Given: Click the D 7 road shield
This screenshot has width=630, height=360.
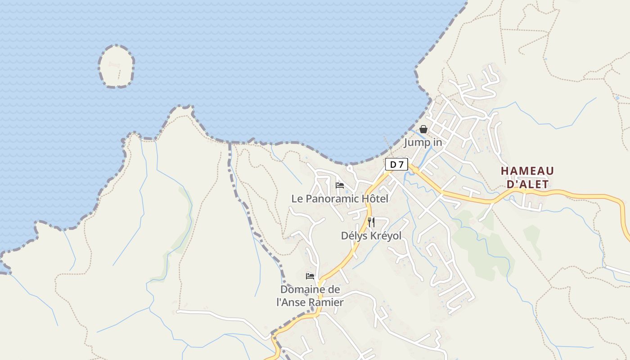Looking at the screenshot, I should tap(396, 165).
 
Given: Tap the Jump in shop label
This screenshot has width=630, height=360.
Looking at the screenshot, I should tap(423, 143).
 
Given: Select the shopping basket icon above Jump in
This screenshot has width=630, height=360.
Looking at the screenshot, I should tap(423, 130).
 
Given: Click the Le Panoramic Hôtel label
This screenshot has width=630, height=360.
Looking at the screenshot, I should tap(339, 198).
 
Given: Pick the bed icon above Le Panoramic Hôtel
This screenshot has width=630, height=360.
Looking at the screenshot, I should tap(340, 185).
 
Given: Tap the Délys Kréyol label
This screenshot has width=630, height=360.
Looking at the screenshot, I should tap(371, 236).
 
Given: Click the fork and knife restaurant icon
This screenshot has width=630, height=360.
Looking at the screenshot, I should tap(371, 222).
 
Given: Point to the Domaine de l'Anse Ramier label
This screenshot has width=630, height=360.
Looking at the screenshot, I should tap(310, 296).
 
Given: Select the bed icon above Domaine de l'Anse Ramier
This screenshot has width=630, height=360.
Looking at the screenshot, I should tap(310, 276).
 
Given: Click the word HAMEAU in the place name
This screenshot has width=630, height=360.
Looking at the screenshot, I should tap(527, 171).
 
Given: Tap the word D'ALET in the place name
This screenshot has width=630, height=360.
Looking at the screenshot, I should tap(527, 184).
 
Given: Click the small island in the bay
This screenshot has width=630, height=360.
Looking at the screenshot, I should tap(116, 66).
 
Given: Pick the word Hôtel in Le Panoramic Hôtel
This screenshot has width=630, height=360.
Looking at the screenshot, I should tap(375, 198).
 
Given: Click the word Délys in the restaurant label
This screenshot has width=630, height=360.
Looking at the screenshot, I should tap(353, 236).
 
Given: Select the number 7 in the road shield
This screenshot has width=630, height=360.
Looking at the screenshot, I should tap(400, 165).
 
